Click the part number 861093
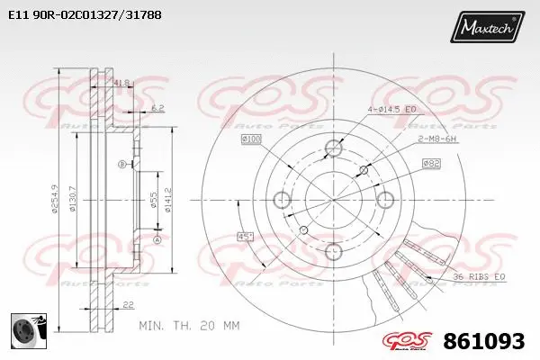[x=486, y=342]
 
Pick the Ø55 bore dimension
[x=154, y=201]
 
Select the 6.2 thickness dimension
[x=157, y=109]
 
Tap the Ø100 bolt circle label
[x=251, y=139]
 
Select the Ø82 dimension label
[x=431, y=163]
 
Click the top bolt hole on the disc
[x=334, y=148]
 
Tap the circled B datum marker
[x=123, y=165]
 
